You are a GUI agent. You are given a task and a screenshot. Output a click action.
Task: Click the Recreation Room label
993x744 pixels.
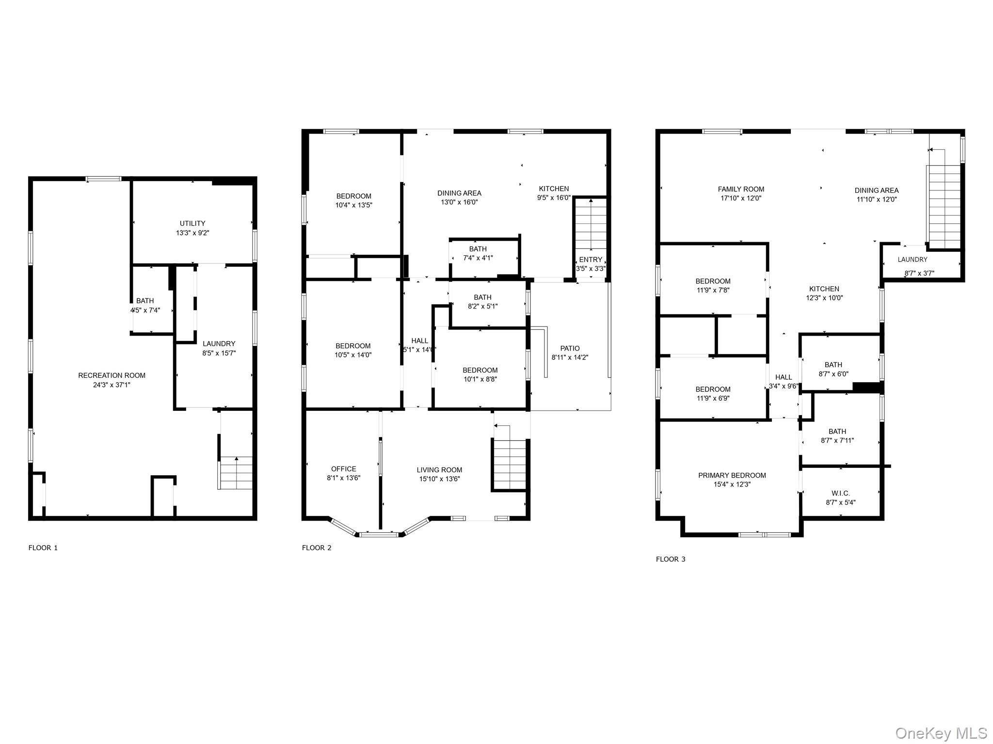click(112, 375)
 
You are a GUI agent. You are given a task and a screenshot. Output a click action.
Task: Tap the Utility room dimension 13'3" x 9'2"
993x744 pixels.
click(192, 233)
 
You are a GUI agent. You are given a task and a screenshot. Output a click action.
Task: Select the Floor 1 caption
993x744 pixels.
click(43, 548)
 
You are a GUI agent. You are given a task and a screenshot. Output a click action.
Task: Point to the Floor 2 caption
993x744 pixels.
click(317, 548)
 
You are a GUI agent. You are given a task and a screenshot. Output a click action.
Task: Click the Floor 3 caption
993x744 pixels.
click(671, 559)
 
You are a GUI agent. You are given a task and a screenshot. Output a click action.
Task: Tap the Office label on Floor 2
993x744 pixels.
click(343, 469)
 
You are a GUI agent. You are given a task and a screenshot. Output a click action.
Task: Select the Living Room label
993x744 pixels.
click(439, 470)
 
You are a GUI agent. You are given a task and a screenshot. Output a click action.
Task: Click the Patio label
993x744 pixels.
click(570, 348)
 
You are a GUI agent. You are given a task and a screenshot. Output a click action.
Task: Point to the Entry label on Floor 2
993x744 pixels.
click(590, 260)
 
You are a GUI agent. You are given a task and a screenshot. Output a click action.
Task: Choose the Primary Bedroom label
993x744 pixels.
click(732, 475)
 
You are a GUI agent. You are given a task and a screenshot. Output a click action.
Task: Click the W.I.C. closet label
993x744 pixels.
click(840, 494)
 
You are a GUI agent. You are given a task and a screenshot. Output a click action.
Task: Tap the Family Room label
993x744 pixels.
click(741, 189)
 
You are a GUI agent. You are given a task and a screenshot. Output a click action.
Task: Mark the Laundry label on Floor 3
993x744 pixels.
click(912, 260)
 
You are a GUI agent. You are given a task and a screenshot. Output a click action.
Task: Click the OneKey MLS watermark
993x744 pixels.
click(940, 733)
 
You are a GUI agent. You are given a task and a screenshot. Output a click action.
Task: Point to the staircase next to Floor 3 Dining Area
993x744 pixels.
click(944, 206)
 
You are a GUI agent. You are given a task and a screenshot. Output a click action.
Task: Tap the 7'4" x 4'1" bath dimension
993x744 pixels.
click(478, 258)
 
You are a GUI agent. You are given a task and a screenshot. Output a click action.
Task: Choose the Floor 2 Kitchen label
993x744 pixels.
click(554, 189)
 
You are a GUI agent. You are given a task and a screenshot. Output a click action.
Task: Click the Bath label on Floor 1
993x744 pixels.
click(145, 301)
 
